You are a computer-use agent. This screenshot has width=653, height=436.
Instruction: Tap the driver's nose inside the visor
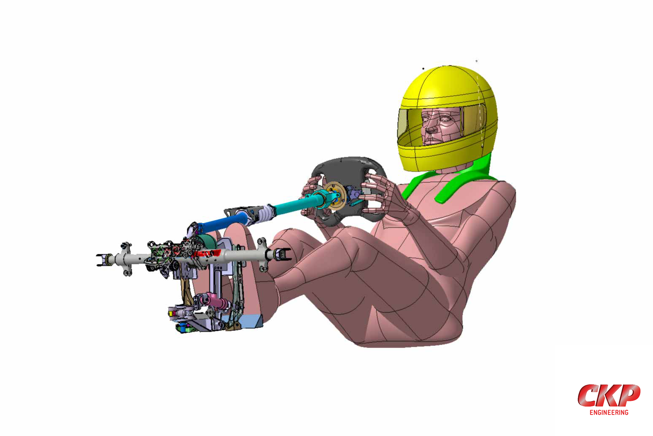[430, 128]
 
